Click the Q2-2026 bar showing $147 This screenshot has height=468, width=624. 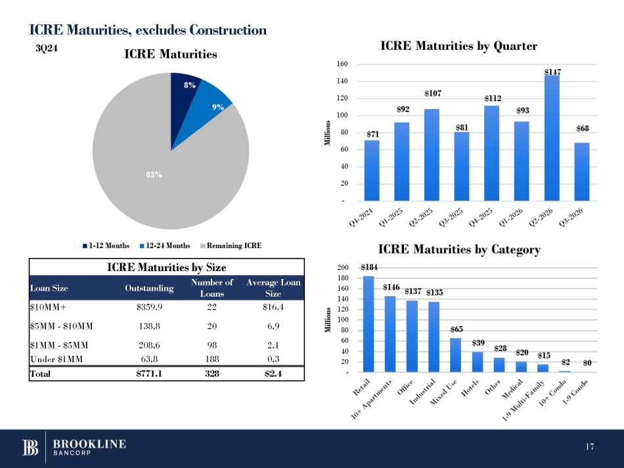pyautogui.click(x=552, y=138)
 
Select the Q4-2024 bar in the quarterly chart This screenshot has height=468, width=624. pyautogui.click(x=372, y=170)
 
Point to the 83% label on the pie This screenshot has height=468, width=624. pyautogui.click(x=154, y=175)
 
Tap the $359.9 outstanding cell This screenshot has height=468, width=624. pyautogui.click(x=149, y=308)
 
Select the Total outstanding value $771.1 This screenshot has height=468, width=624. pyautogui.click(x=149, y=373)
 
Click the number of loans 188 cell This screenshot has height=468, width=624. pyautogui.click(x=212, y=358)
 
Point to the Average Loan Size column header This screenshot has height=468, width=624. pyautogui.click(x=273, y=287)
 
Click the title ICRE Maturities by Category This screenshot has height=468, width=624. pyautogui.click(x=459, y=249)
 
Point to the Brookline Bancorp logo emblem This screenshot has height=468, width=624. pyautogui.click(x=31, y=448)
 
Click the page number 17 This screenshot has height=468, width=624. pyautogui.click(x=589, y=447)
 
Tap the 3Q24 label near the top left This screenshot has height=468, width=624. pyautogui.click(x=44, y=48)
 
